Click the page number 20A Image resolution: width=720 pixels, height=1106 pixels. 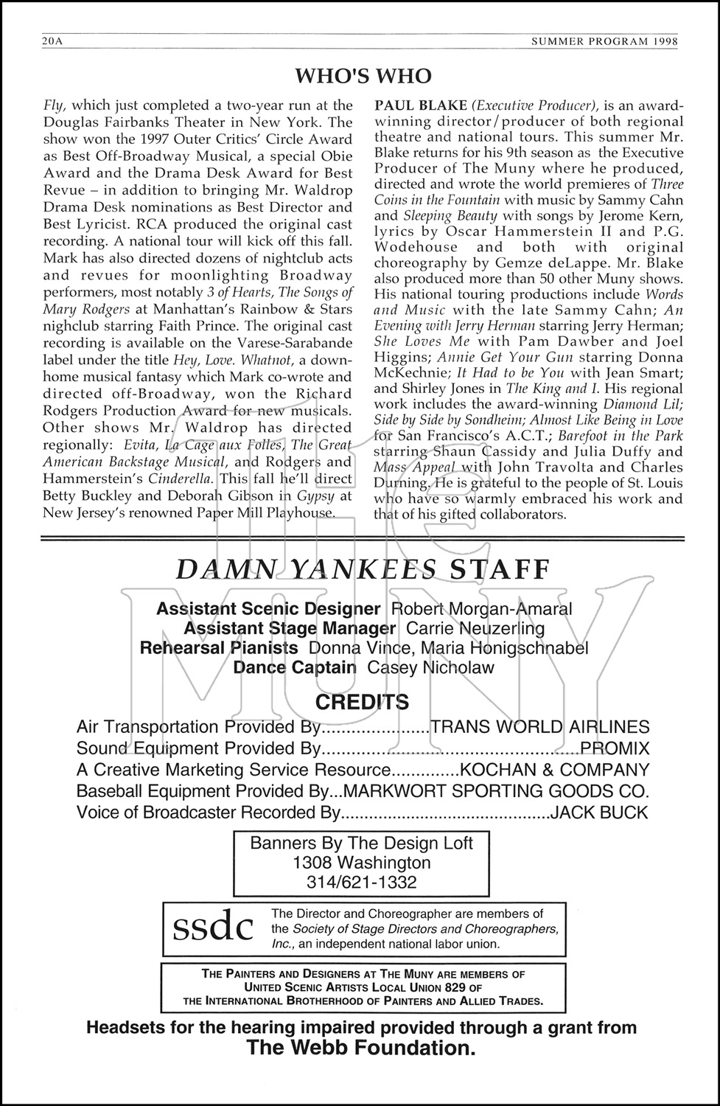53,42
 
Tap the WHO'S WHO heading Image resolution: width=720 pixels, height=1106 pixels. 363,76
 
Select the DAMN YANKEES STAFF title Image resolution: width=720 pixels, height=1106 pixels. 363,569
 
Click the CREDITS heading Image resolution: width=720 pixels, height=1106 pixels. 362,701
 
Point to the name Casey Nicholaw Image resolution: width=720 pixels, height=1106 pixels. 430,667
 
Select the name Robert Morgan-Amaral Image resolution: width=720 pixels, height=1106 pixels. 481,609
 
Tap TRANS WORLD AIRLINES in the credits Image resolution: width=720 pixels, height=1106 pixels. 539,727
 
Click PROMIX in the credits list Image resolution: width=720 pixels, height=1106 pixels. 615,748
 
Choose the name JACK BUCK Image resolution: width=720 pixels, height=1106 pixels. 600,813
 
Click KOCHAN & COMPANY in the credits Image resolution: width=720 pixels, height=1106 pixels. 554,770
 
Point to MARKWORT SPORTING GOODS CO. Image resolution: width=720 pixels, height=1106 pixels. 496,791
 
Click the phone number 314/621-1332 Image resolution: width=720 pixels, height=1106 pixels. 361,882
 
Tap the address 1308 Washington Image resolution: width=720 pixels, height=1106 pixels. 361,863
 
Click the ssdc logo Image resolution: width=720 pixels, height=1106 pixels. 212,928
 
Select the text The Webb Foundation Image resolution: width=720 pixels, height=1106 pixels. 361,1048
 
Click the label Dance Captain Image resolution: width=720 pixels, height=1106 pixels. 295,667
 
